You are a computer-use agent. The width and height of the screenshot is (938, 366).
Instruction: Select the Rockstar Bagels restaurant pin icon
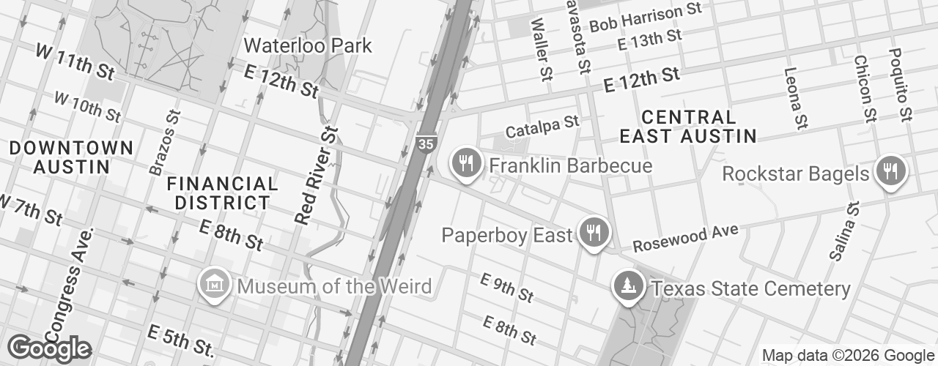click(x=890, y=172)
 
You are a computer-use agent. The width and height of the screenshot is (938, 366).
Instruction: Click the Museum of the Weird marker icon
click(x=216, y=284)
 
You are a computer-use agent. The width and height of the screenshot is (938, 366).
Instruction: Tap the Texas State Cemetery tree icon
click(x=629, y=285)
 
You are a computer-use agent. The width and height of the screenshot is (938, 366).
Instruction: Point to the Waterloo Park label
click(x=308, y=45)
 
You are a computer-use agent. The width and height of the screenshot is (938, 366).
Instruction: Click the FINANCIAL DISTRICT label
click(x=222, y=193)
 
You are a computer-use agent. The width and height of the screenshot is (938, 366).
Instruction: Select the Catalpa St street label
click(x=542, y=125)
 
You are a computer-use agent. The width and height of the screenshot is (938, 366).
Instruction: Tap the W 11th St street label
click(x=75, y=61)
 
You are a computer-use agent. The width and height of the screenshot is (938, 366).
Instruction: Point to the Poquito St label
click(x=900, y=84)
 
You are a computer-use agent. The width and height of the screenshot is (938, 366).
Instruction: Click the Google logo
click(x=49, y=348)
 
